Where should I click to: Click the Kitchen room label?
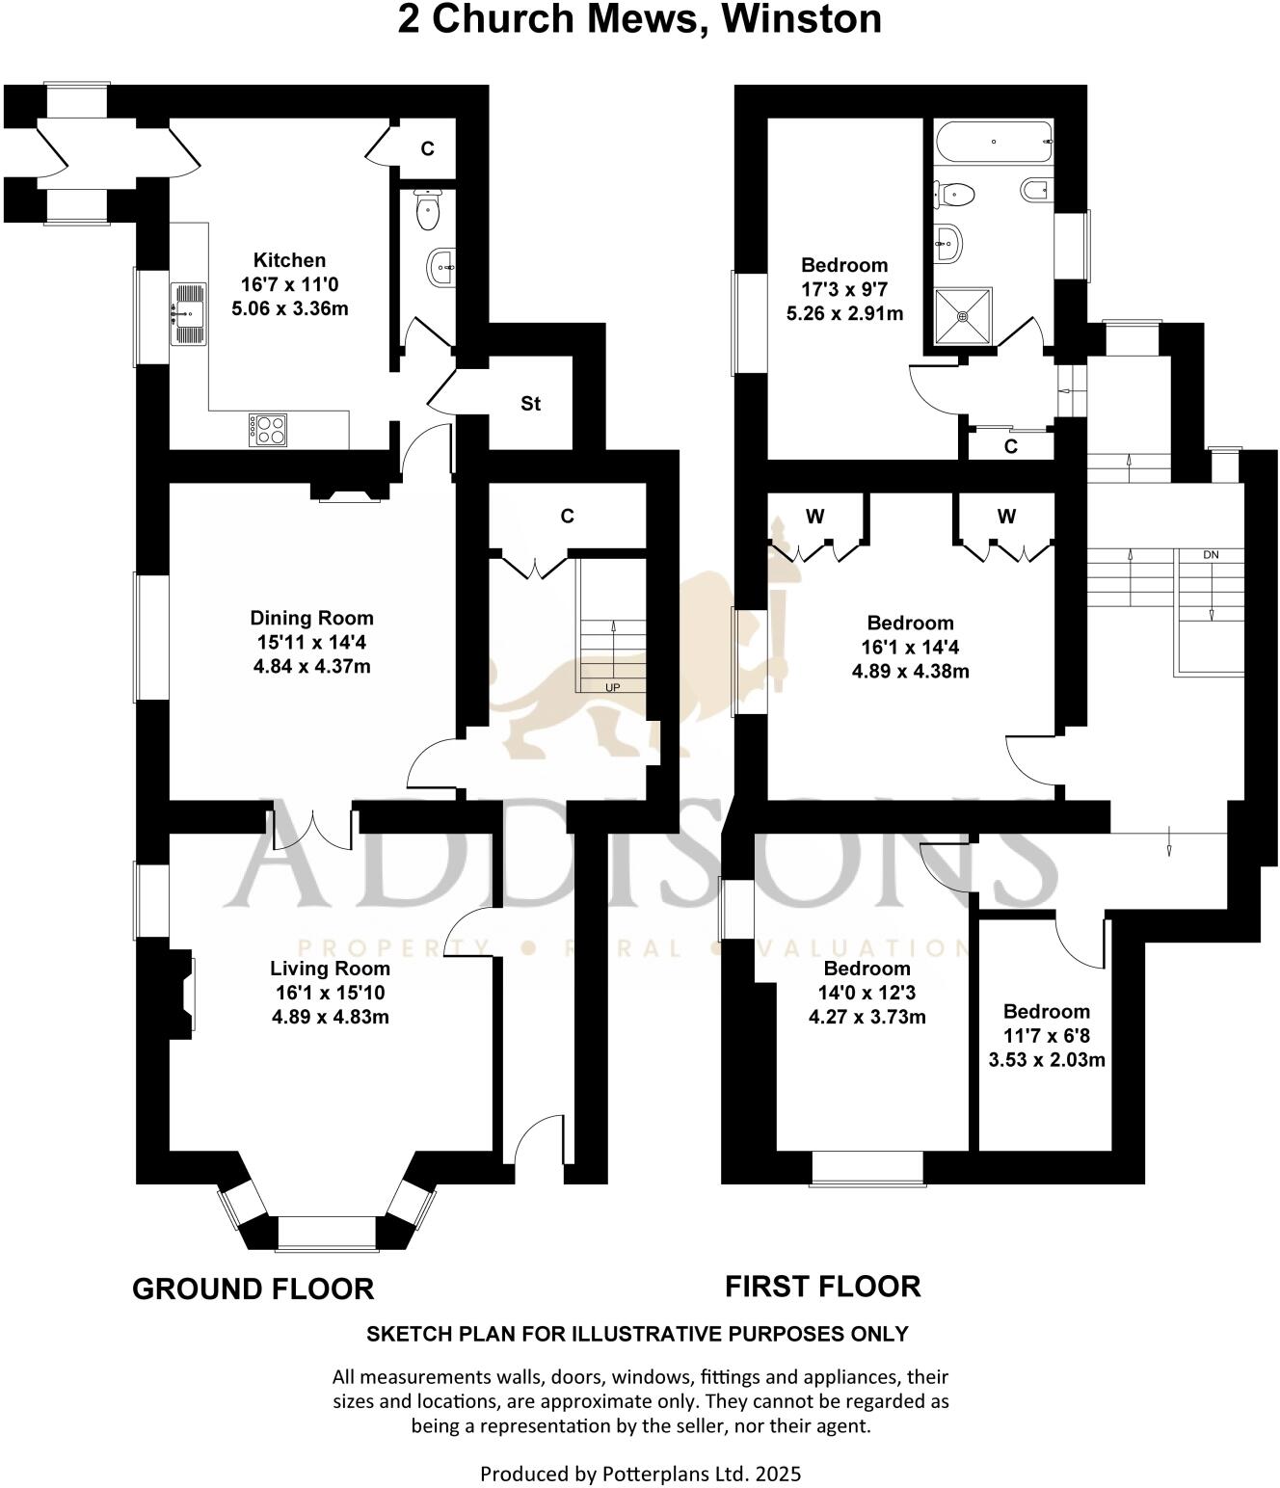pos(289,260)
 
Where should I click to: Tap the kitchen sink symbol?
pos(189,313)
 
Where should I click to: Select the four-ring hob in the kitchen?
pos(268,429)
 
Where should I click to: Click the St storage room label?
pos(530,404)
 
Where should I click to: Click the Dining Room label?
pos(311,619)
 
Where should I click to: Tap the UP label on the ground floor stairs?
pos(612,687)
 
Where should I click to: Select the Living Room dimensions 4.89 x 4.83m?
pos(331,1017)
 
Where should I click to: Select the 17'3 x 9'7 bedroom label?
pos(844,289)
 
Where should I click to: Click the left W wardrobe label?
pos(814,517)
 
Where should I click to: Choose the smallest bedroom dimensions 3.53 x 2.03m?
pos(1047,1060)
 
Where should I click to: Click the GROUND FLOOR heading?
pos(253,1289)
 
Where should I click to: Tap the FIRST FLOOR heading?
pos(822,1286)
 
